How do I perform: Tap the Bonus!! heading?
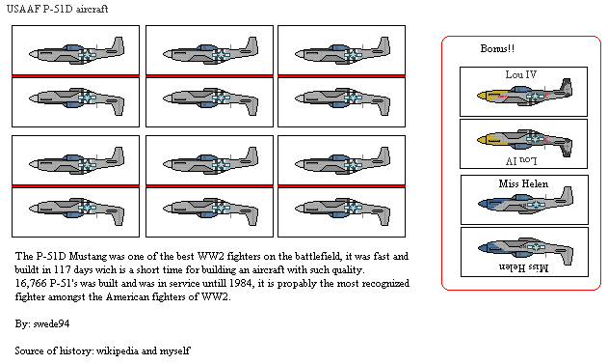tap(499, 49)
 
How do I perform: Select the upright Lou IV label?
tap(523, 74)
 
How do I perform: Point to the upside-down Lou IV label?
tap(523, 156)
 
